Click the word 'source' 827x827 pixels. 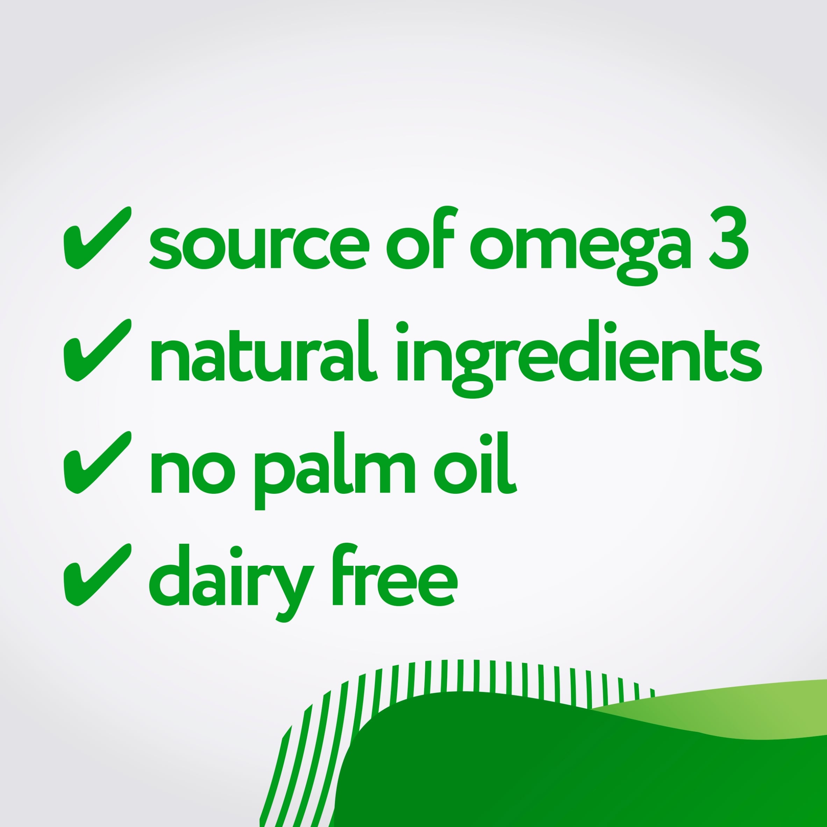coord(259,248)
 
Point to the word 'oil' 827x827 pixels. coord(475,463)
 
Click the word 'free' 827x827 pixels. coord(395,575)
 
